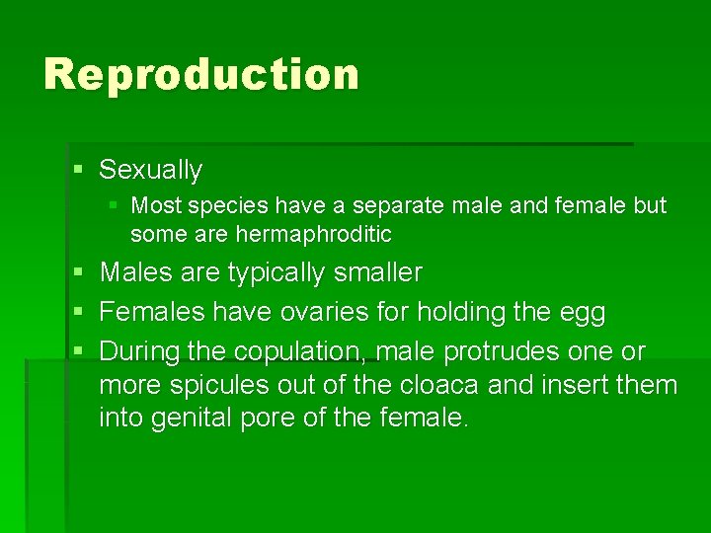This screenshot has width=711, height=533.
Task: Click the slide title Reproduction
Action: [201, 75]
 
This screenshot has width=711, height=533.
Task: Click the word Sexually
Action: [150, 170]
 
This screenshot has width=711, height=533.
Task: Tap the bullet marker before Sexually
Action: [78, 171]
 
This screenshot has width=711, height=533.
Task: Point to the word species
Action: [228, 206]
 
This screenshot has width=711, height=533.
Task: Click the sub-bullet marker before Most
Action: [113, 206]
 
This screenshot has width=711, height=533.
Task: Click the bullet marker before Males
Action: [78, 272]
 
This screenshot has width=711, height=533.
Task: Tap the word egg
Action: [583, 314]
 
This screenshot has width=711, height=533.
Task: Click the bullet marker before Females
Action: [78, 313]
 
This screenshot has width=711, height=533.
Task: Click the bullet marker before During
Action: [78, 352]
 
